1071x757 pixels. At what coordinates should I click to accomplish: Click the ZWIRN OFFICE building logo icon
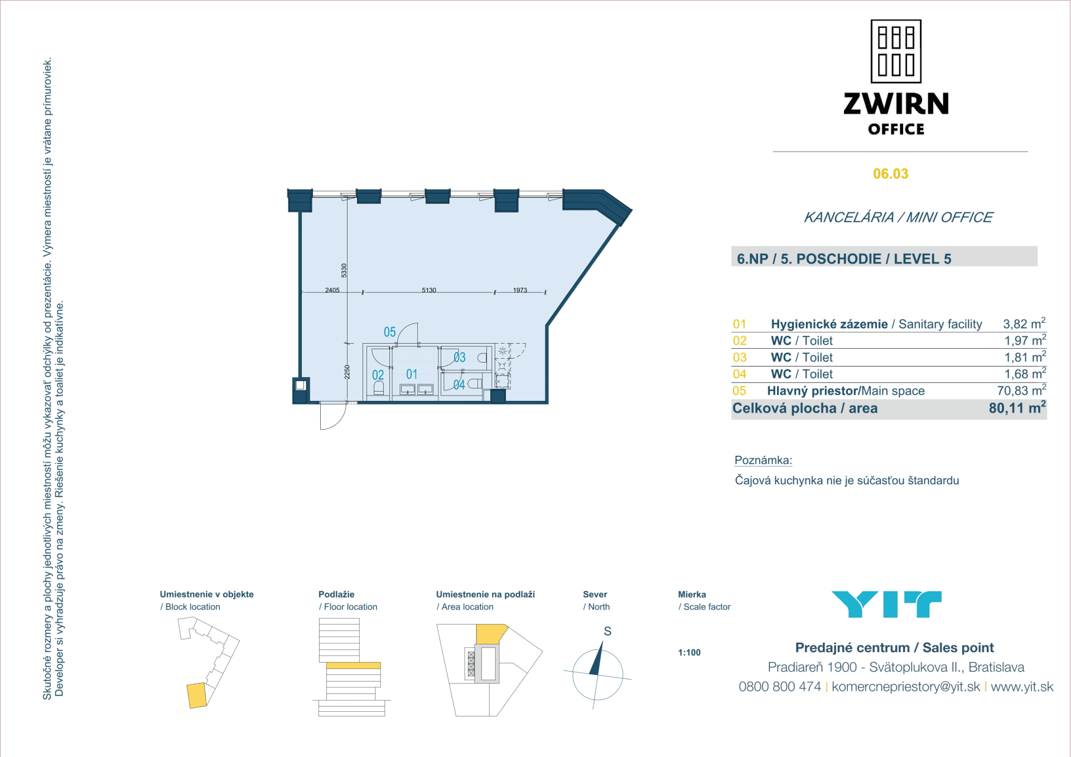[896, 51]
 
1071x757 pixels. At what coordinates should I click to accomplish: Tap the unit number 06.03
[890, 174]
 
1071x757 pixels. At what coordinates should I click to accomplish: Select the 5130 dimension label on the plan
[429, 290]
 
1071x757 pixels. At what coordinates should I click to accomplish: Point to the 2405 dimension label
[332, 290]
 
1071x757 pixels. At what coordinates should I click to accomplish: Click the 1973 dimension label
[520, 290]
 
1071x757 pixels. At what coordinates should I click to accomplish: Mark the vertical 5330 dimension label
[344, 271]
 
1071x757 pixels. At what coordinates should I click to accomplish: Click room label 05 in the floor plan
[389, 332]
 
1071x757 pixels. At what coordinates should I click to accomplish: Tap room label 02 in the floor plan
[378, 375]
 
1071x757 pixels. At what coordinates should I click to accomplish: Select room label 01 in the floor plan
[412, 374]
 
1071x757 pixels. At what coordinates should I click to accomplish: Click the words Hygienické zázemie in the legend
[829, 324]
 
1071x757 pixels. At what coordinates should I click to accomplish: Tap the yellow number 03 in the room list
[740, 358]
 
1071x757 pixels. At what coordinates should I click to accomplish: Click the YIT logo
[886, 604]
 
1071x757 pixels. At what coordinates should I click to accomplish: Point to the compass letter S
[607, 631]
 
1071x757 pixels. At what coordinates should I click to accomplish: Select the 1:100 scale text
[689, 653]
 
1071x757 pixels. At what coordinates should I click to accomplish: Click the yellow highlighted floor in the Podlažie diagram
[353, 666]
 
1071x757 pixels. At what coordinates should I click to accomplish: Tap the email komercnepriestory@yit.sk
[905, 687]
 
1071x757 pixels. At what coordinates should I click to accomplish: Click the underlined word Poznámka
[763, 460]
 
